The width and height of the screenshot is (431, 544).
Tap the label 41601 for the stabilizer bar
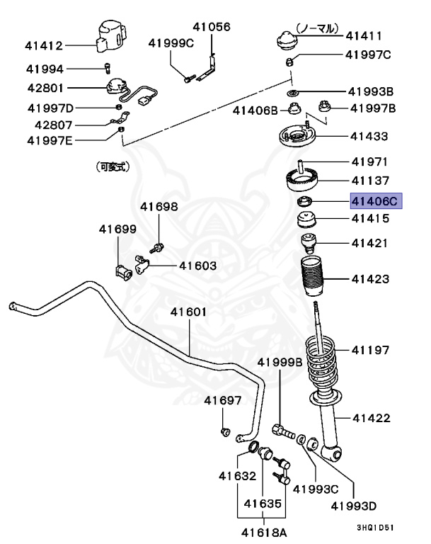point(188,312)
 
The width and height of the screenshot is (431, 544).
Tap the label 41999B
point(280,362)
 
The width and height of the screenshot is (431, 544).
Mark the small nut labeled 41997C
point(292,60)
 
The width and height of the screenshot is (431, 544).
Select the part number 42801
point(45,89)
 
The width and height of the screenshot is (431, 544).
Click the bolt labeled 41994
point(105,69)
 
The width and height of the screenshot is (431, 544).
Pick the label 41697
point(224,401)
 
